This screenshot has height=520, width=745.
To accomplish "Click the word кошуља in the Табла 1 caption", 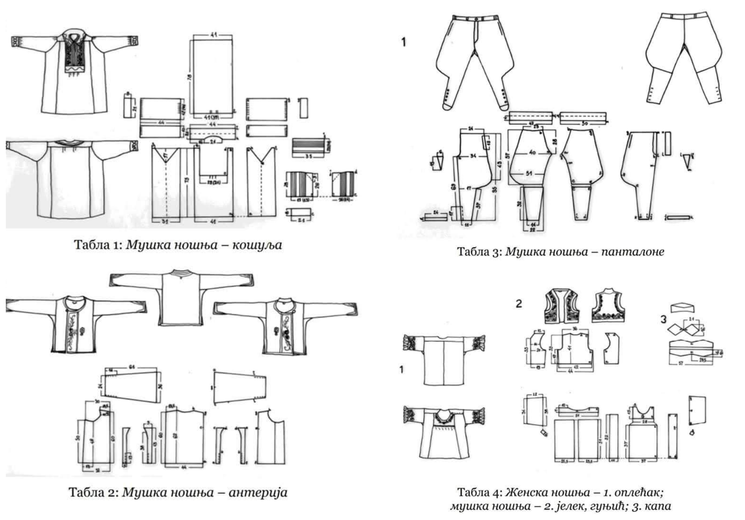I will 257,245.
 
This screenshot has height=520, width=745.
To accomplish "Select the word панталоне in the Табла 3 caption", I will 633,252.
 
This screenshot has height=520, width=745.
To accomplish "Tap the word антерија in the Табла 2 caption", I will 258,493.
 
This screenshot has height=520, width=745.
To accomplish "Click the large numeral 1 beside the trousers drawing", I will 403,42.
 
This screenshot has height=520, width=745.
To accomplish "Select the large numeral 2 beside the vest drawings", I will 519,304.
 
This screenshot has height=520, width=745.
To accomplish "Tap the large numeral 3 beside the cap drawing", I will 663,320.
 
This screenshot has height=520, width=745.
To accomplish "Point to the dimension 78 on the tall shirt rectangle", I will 190,78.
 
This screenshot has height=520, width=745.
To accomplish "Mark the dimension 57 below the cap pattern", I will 681,364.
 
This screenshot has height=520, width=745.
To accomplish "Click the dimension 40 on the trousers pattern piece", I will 532,153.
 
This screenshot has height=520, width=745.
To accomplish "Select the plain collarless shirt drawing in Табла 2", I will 181,297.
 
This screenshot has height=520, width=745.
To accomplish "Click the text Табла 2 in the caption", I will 91,493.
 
